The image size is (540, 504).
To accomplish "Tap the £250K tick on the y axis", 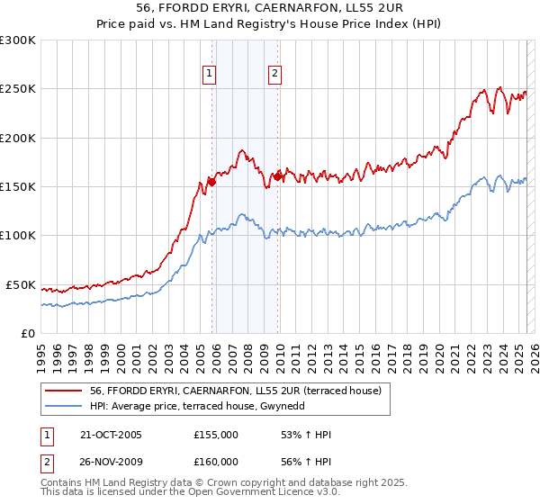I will (x=17, y=89).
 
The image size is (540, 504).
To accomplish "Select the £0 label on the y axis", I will (x=27, y=333).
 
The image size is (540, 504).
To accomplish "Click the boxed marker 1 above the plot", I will (x=210, y=75).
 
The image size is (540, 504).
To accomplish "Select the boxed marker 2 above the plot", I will (x=274, y=75).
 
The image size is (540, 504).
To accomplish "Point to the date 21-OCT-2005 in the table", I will (x=111, y=435).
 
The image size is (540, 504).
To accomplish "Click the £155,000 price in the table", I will (x=216, y=435).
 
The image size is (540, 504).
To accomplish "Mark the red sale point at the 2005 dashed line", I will (x=212, y=182).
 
